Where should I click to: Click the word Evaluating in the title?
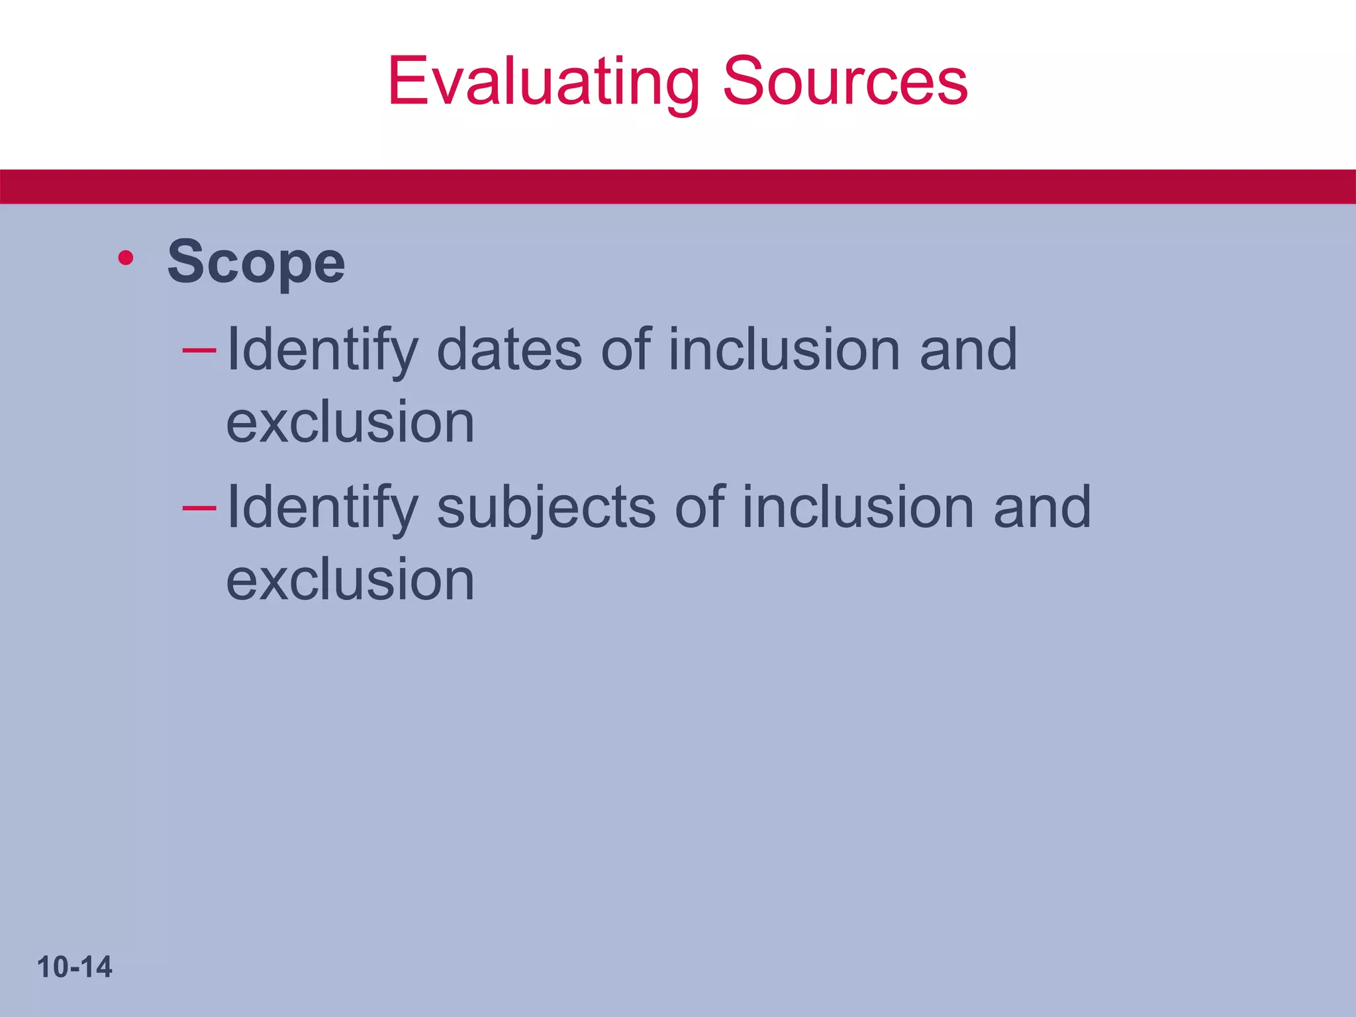(543, 82)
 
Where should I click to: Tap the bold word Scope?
(256, 263)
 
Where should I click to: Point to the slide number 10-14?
(75, 967)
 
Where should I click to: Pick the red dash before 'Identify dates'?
(199, 349)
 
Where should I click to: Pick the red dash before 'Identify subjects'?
(199, 507)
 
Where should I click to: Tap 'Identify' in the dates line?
(322, 351)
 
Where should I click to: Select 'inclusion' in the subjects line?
(857, 508)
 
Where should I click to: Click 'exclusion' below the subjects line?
(350, 580)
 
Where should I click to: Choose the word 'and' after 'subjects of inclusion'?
(1042, 508)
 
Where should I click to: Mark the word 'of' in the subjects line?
(699, 508)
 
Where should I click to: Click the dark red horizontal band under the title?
(678, 187)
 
